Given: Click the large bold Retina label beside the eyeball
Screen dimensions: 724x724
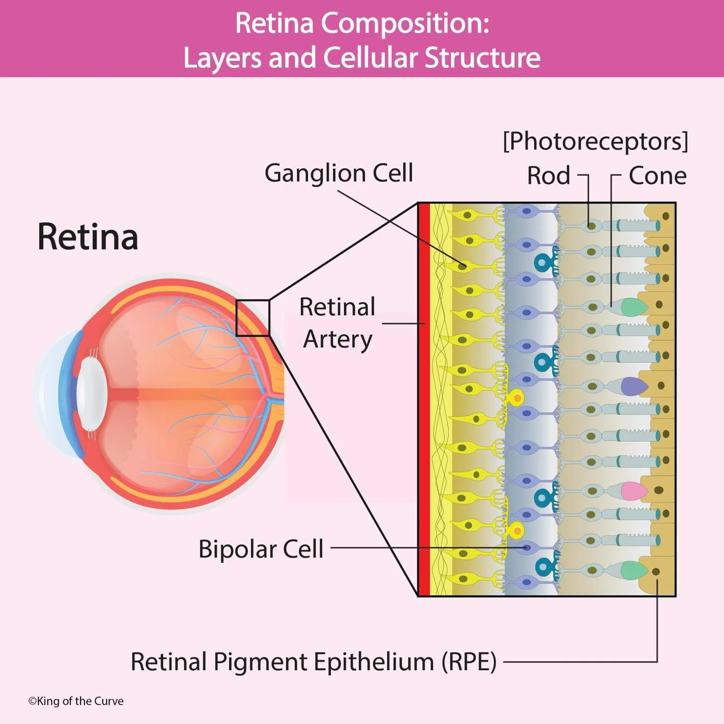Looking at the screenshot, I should pyautogui.click(x=88, y=237).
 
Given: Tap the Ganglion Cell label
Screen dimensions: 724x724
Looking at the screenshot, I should pyautogui.click(x=338, y=173).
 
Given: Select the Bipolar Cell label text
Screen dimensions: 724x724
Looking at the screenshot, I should pyautogui.click(x=261, y=549).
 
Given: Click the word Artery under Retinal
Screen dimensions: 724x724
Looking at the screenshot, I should pyautogui.click(x=337, y=339).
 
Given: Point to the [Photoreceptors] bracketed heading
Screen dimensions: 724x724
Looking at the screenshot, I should pyautogui.click(x=595, y=141).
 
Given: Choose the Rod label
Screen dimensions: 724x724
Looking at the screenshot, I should pyautogui.click(x=548, y=176).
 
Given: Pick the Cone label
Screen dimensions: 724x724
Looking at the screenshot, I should pyautogui.click(x=657, y=176).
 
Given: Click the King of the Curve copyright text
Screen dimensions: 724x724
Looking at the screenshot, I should pyautogui.click(x=76, y=701).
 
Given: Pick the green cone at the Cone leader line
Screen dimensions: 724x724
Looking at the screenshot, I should pyautogui.click(x=633, y=306).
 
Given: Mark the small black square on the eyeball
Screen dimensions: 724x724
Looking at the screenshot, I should pyautogui.click(x=253, y=318).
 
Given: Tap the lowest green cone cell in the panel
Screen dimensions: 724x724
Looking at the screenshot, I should pyautogui.click(x=633, y=570).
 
